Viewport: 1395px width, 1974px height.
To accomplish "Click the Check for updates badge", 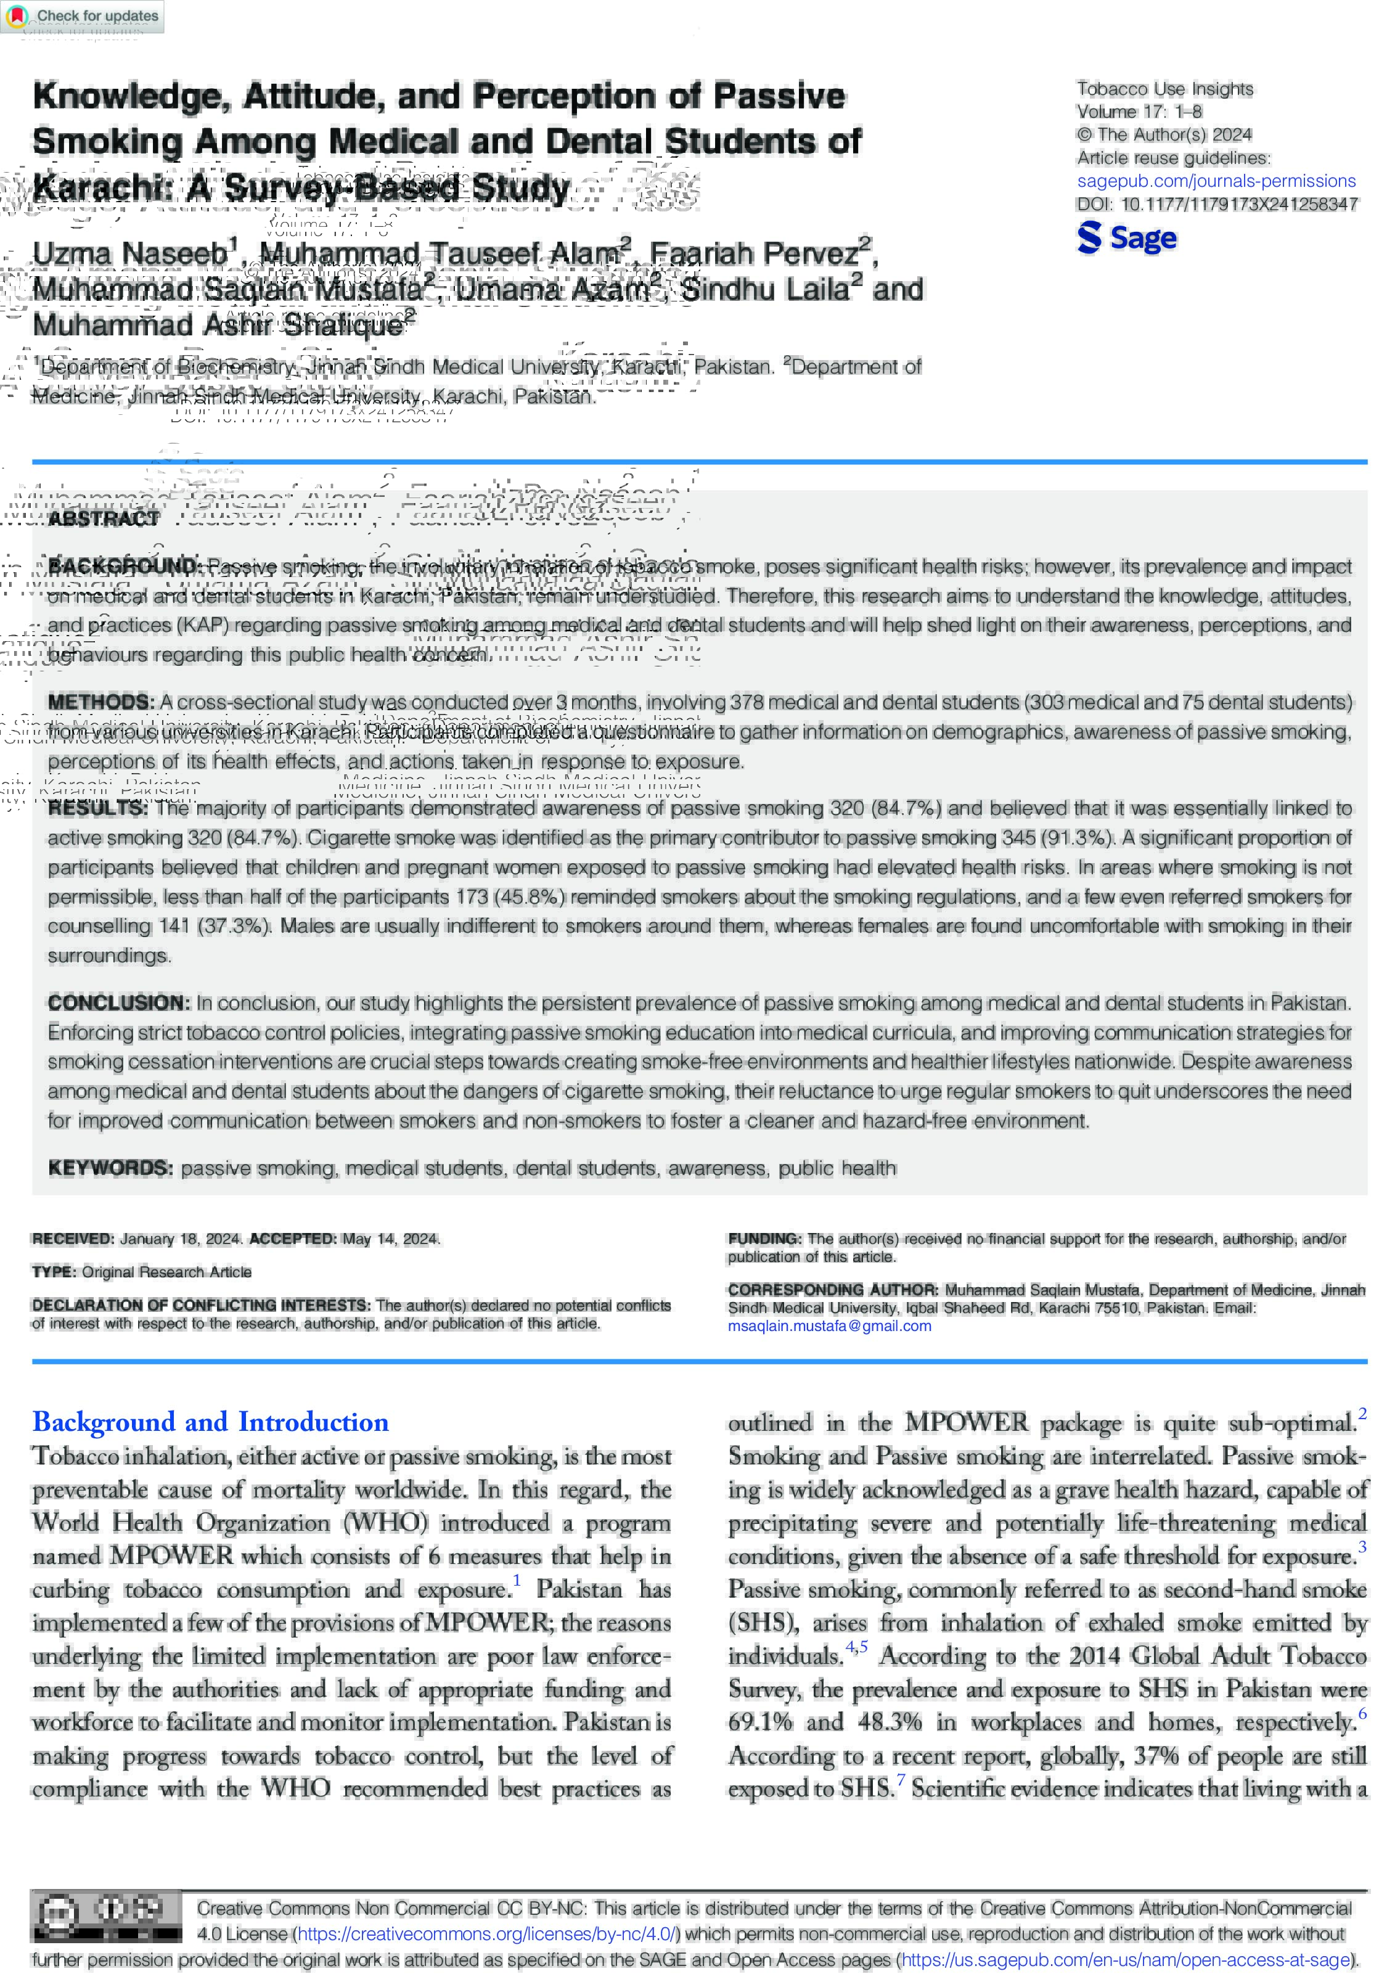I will coord(83,16).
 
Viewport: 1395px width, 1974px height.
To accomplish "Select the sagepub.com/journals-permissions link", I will coord(1216,181).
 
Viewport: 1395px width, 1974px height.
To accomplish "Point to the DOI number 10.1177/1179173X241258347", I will coord(1238,205).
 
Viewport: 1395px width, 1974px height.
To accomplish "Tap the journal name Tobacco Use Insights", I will coord(1164,89).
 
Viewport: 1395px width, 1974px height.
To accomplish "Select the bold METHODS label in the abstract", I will coord(100,702).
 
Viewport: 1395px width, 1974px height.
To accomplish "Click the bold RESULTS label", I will coord(97,808).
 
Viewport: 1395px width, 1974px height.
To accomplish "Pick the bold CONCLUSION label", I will coord(118,1002).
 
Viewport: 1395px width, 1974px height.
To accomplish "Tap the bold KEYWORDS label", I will coord(110,1168).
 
